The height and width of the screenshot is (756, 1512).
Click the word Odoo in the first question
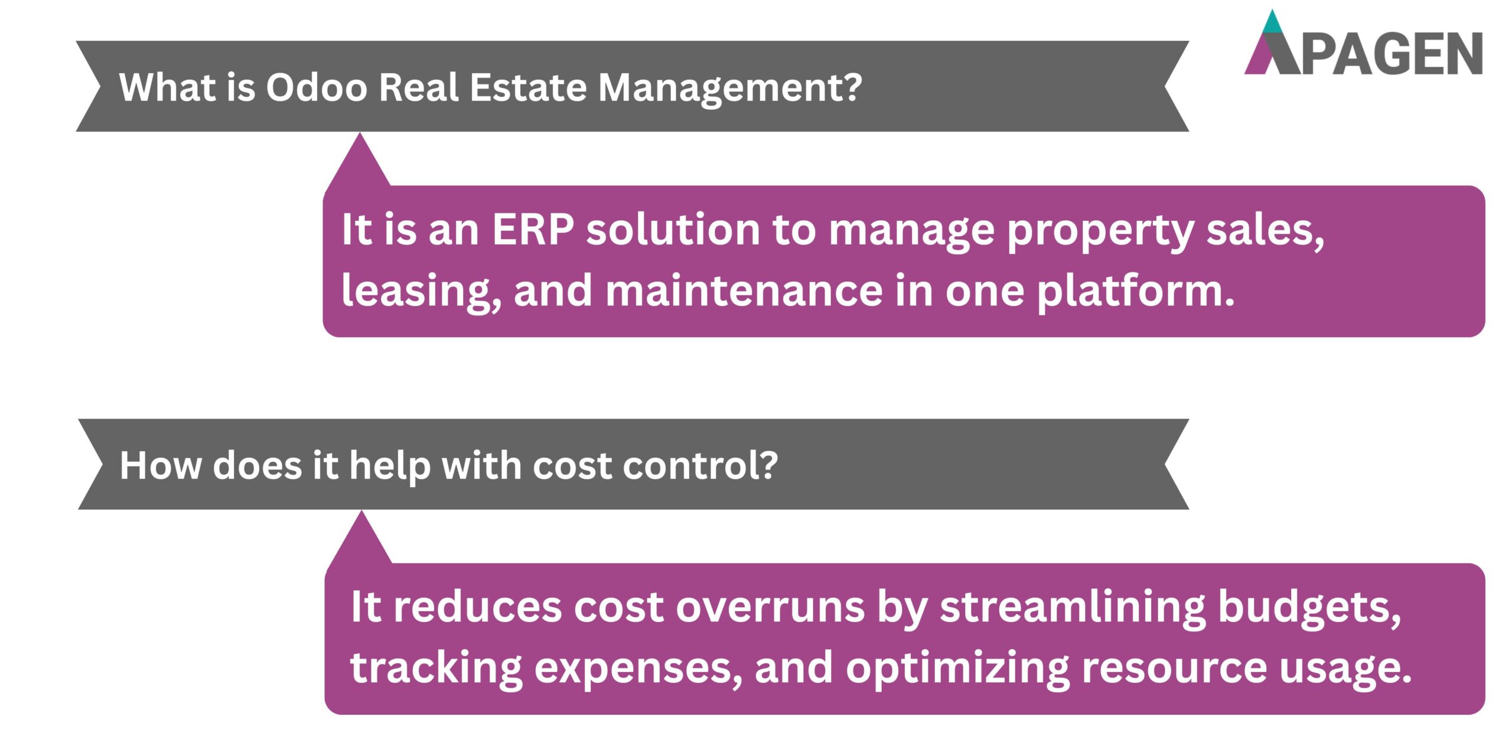point(317,87)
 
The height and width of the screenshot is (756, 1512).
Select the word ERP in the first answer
point(532,230)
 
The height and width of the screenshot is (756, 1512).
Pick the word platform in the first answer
point(1135,292)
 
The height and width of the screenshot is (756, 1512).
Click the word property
point(1100,231)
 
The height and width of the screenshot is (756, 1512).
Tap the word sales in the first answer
point(1264,230)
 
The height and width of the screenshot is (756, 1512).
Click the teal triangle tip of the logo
point(1272,24)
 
